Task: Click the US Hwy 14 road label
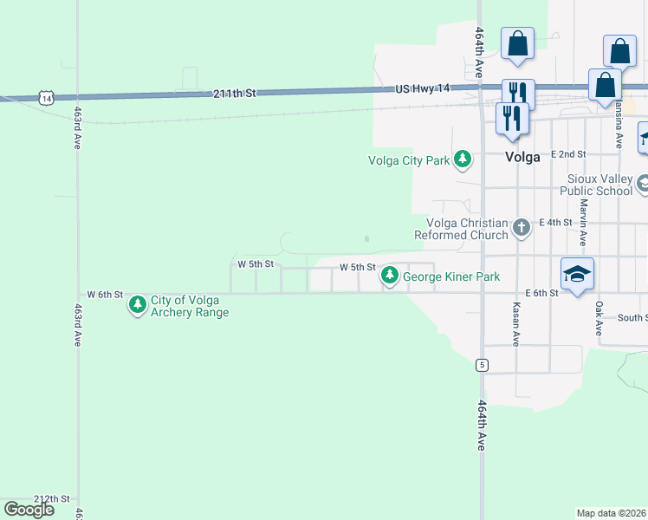point(423,88)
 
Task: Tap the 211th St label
point(236,92)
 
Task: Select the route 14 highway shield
point(46,99)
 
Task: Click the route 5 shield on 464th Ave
point(481,366)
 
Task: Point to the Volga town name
point(523,158)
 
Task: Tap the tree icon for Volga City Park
point(463,159)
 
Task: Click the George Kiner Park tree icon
point(390,276)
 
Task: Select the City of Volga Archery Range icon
point(137,305)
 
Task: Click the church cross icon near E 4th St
point(521,228)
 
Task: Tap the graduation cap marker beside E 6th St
point(577,274)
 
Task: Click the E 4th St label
point(555,223)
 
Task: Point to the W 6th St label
point(105,295)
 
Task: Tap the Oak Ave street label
point(598,318)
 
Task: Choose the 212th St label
point(51,499)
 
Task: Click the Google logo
point(29,510)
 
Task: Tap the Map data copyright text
point(612,513)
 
